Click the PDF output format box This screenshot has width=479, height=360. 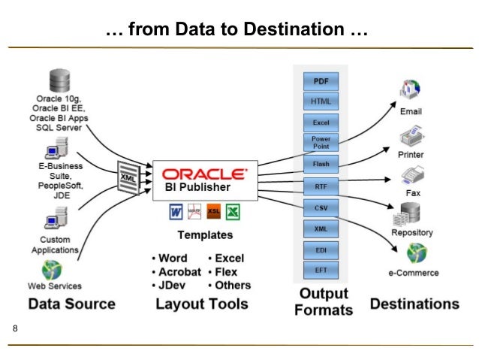(x=321, y=80)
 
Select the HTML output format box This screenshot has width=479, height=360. (x=321, y=101)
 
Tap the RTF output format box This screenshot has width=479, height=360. (x=321, y=184)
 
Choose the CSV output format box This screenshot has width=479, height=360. (x=321, y=206)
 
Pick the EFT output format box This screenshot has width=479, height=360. (x=321, y=268)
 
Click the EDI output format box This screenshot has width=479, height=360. (x=321, y=247)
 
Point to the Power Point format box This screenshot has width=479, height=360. (x=321, y=142)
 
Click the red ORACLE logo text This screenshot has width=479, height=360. (x=205, y=172)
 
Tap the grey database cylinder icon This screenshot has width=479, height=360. (x=59, y=80)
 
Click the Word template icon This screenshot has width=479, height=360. (x=176, y=213)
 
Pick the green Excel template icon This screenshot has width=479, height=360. (x=233, y=213)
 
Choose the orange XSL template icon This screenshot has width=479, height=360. (x=214, y=213)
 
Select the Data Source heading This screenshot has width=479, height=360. (x=71, y=304)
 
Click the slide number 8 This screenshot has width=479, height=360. (x=15, y=330)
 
